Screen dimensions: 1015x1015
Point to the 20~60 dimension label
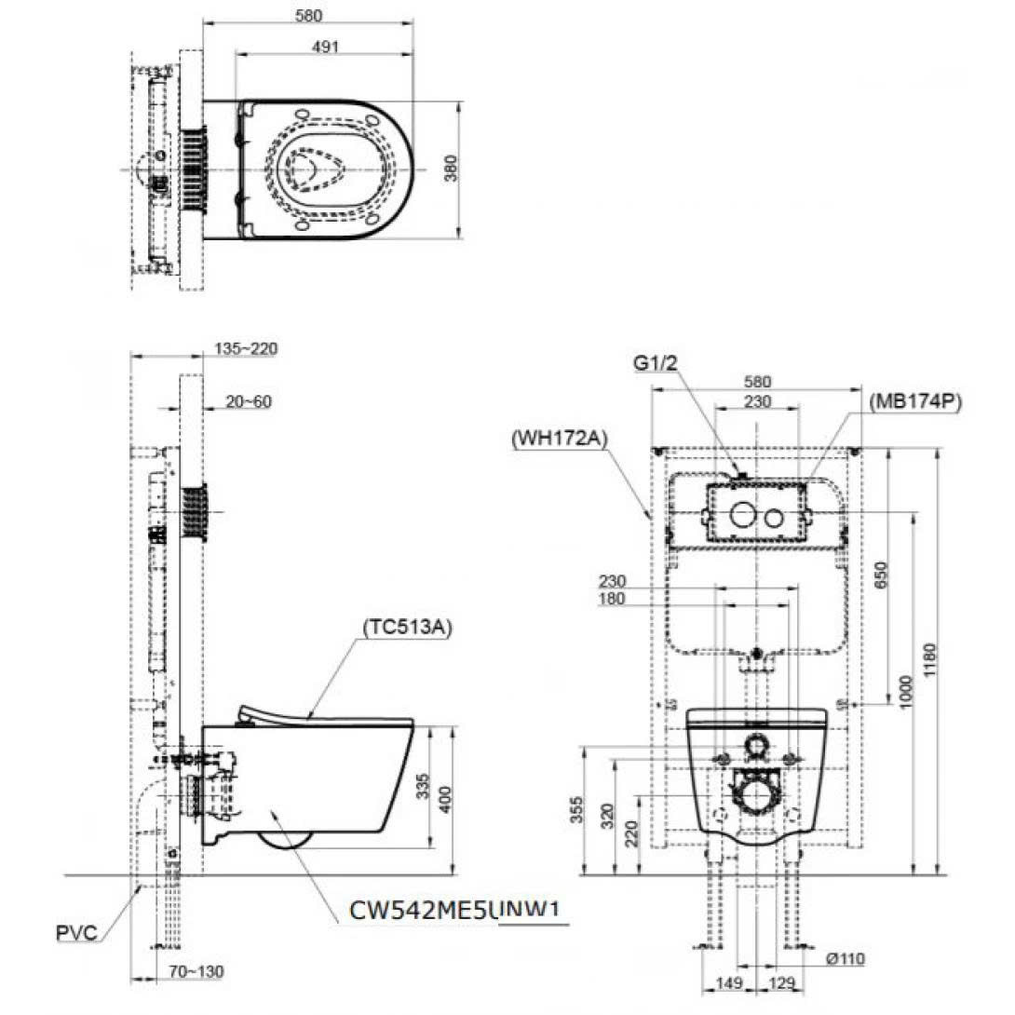249,401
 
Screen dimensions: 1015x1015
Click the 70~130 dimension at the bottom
196,972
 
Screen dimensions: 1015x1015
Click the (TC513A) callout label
406,627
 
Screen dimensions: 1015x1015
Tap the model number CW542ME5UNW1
456,910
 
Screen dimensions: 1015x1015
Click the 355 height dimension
578,811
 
